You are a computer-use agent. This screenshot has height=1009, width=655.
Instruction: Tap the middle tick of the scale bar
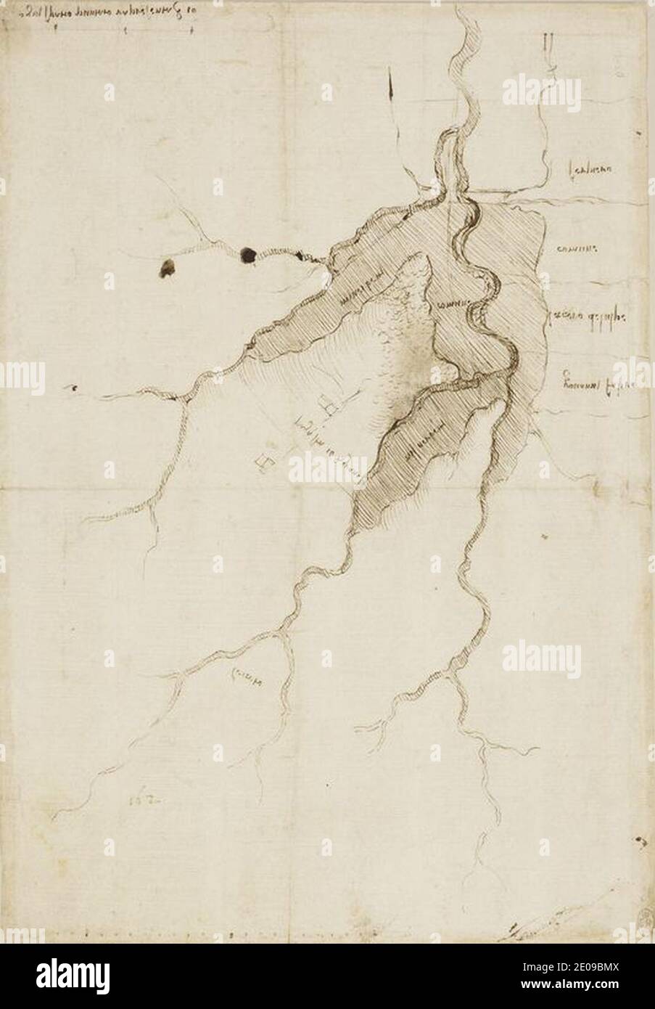(125, 30)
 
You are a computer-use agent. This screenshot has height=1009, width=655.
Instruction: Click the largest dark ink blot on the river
(248, 254)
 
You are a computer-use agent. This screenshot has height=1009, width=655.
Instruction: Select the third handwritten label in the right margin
(589, 317)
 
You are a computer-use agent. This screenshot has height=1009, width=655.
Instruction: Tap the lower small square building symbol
(263, 461)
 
